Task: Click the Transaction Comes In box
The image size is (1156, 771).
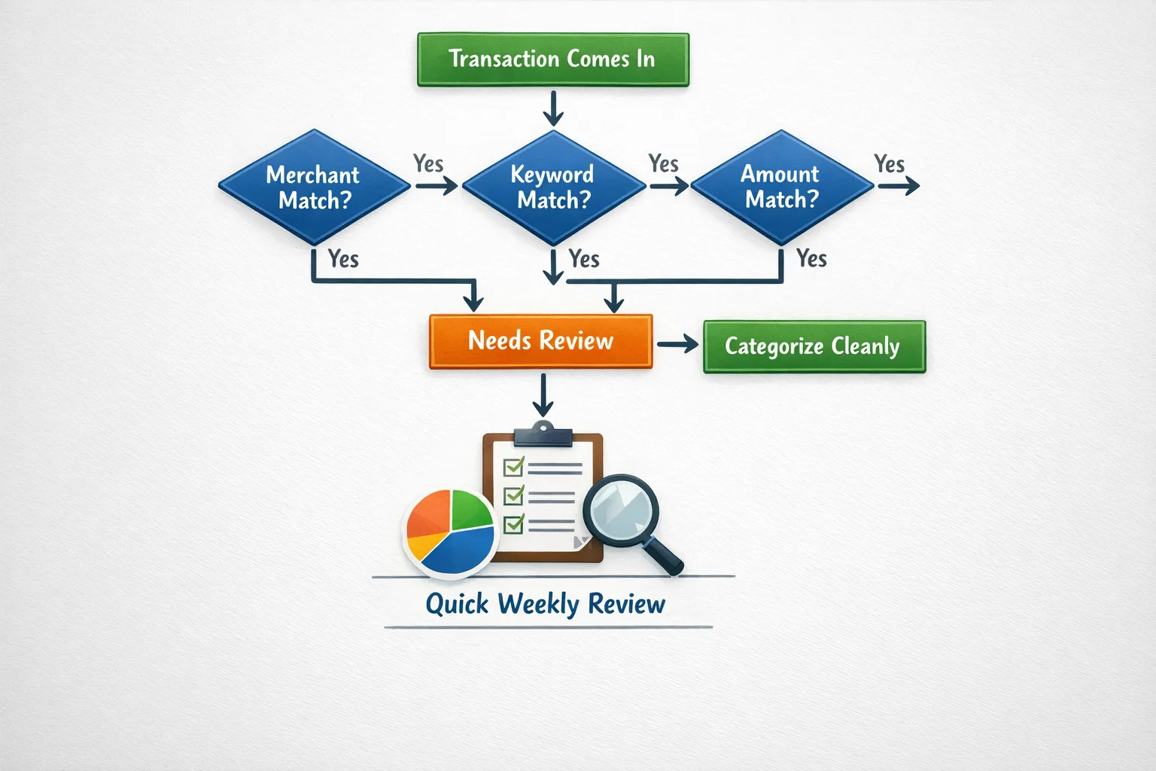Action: pos(553,59)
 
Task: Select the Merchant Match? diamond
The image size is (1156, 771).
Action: pos(313,187)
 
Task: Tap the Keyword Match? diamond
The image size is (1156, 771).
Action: pos(554,187)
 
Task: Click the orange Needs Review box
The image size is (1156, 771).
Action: pos(540,341)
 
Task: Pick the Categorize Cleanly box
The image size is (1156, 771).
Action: pos(814,346)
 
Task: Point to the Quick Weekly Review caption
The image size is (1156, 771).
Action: pos(546,604)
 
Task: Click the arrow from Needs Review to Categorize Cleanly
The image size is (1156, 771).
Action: pos(677,345)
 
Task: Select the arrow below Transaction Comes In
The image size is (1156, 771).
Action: pos(553,108)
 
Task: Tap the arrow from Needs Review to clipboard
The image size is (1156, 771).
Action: pos(543,395)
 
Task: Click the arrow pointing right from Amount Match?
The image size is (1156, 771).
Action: pos(899,186)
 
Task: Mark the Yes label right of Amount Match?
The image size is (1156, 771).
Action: pos(889,163)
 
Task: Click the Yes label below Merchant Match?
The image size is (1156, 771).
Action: pos(343,259)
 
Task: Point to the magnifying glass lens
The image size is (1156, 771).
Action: pos(620,510)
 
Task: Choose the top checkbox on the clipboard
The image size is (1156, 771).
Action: pos(513,467)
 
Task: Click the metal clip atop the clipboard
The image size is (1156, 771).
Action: pos(543,434)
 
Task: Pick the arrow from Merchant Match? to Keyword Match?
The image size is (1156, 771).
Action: pos(436,186)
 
